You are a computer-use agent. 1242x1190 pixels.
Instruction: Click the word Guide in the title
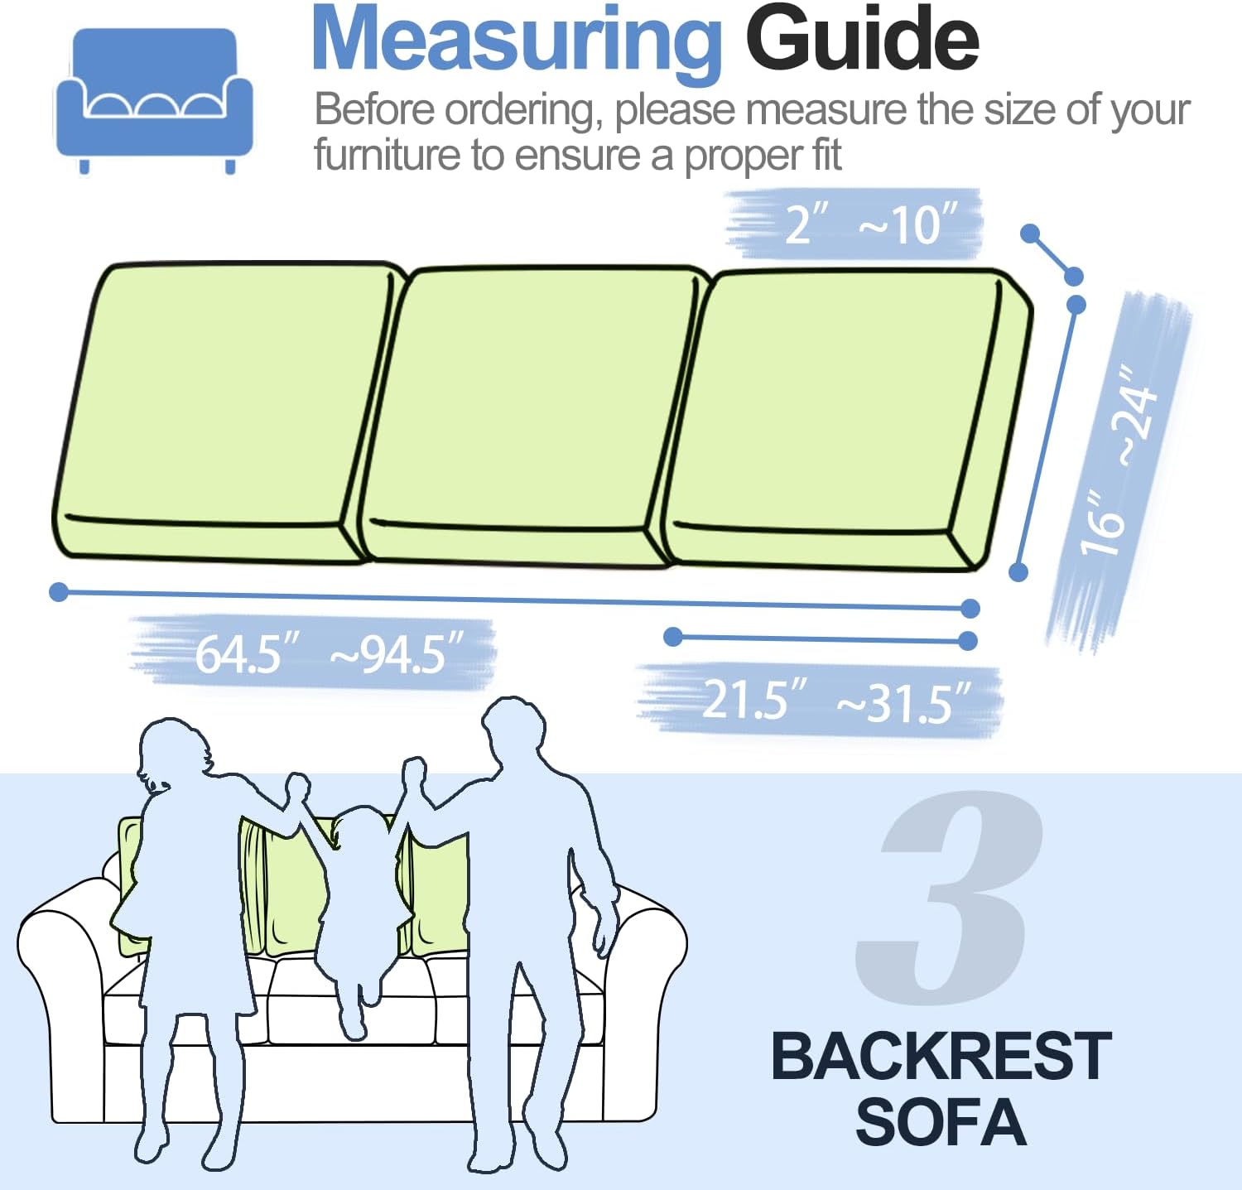pos(863,38)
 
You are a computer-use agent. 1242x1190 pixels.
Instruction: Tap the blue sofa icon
pos(154,100)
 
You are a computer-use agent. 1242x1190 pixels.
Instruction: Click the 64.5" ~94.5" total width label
pos(329,654)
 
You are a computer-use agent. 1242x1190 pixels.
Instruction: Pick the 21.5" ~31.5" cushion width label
pos(837,701)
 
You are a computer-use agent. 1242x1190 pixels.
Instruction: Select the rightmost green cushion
pos(845,420)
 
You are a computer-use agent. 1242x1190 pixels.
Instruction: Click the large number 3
pos(949,897)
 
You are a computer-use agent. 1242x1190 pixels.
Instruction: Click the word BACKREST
pos(941,1057)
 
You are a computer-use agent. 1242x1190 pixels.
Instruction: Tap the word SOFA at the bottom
pos(941,1122)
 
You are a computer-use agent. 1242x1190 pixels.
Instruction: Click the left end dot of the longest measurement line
pos(59,592)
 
